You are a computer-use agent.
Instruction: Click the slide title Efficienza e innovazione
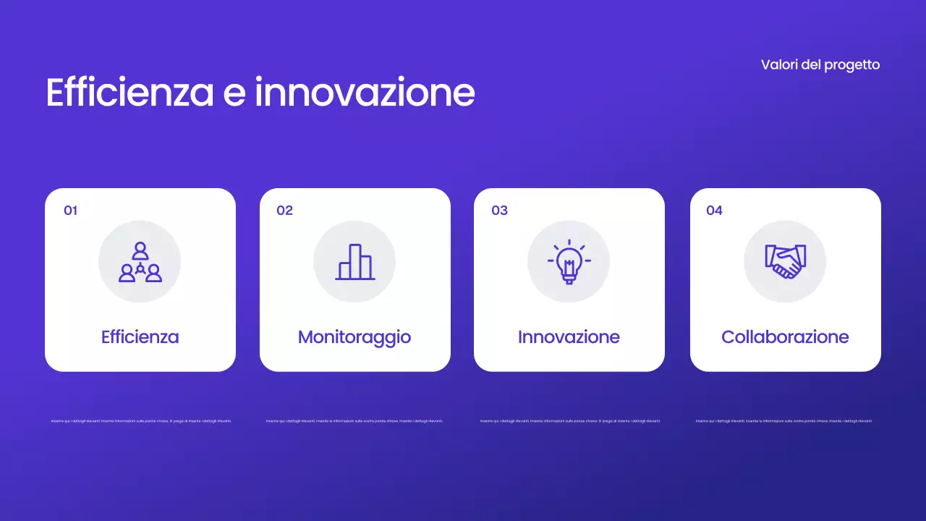click(x=260, y=93)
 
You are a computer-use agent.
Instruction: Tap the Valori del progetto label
click(x=820, y=64)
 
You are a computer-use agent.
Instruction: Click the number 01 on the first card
click(x=70, y=211)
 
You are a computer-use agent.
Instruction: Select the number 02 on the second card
click(x=284, y=211)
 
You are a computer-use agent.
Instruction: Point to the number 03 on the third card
click(x=499, y=211)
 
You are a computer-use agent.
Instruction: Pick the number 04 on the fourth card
click(x=714, y=211)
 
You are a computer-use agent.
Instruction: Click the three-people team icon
click(x=140, y=262)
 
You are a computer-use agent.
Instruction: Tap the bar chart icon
click(x=354, y=262)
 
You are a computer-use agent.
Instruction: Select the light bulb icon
click(x=569, y=262)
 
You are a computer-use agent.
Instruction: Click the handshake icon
click(x=785, y=262)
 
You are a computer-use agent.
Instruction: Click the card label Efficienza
click(x=140, y=337)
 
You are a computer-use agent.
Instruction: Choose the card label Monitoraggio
click(x=354, y=337)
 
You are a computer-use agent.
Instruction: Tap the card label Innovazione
click(x=569, y=337)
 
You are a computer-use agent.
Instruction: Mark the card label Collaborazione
click(x=785, y=337)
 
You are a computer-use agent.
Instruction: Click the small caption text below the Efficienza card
click(x=141, y=420)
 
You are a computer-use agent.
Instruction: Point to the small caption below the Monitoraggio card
click(x=354, y=420)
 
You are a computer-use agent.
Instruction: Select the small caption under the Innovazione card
click(x=570, y=420)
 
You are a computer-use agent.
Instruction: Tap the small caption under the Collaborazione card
click(x=784, y=420)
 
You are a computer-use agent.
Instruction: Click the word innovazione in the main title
click(x=365, y=93)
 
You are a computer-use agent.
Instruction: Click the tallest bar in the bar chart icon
click(x=355, y=260)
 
